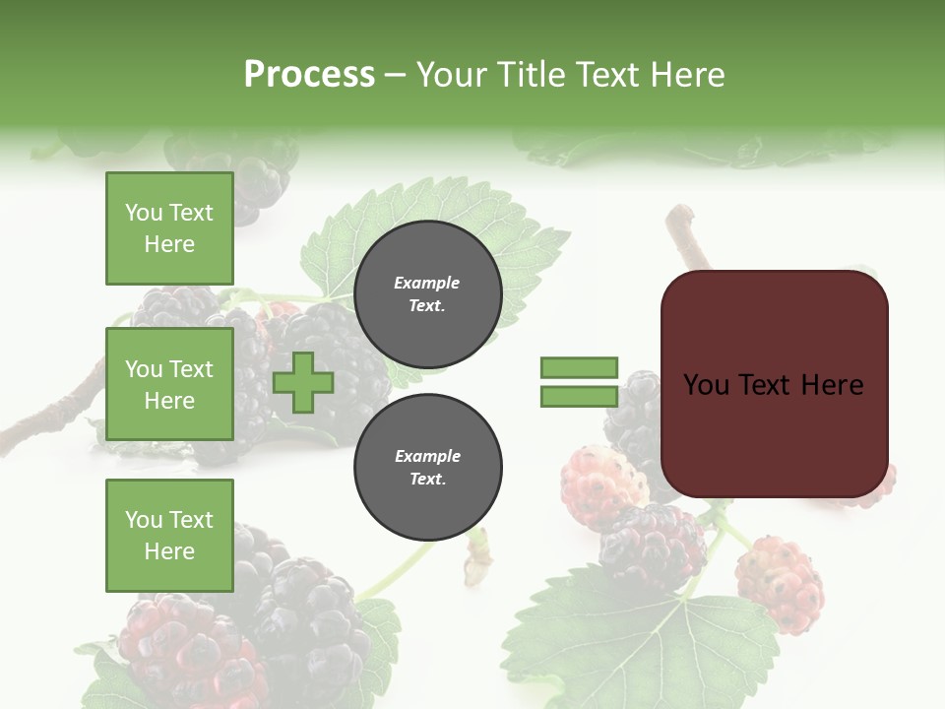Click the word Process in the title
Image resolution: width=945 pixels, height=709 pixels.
tap(309, 75)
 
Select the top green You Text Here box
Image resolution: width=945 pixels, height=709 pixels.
tap(169, 228)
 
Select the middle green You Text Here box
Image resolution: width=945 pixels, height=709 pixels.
tap(169, 384)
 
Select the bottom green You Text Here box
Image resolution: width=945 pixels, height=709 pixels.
tap(169, 536)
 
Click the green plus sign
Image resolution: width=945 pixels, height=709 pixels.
tap(303, 383)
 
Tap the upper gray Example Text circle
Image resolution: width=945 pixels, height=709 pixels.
tap(427, 294)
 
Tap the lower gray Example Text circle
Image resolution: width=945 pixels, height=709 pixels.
tap(427, 468)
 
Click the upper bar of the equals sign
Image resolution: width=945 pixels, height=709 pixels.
tap(579, 368)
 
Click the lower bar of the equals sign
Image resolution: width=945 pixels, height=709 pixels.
tap(579, 397)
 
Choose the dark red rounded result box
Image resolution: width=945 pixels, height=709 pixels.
tap(774, 384)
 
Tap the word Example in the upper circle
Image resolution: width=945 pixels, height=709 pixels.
tap(427, 283)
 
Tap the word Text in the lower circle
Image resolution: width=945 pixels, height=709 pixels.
tap(427, 480)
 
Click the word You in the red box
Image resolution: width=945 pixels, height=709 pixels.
tap(705, 385)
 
